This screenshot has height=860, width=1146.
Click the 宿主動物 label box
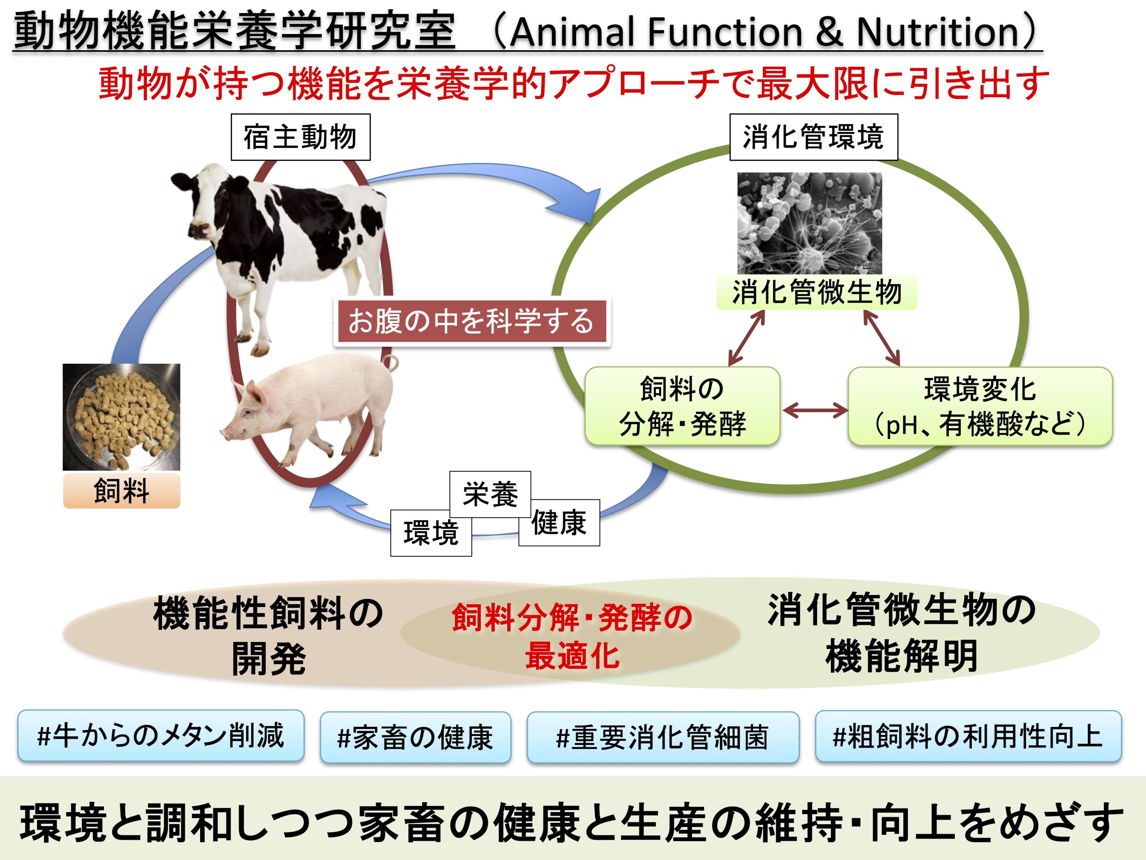tap(300, 138)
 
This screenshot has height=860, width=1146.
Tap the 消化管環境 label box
tap(813, 138)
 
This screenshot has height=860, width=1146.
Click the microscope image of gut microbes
tap(809, 223)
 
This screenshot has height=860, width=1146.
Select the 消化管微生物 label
tap(817, 293)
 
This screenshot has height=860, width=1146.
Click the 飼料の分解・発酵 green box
tap(682, 406)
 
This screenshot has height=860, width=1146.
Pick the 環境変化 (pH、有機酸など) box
tap(979, 406)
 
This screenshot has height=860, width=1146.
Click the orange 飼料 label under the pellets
tap(121, 490)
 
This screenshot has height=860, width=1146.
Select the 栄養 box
tap(490, 494)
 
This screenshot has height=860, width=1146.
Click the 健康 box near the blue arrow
tap(560, 523)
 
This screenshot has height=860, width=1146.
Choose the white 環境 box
tap(431, 533)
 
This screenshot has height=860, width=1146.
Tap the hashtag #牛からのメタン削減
tap(161, 735)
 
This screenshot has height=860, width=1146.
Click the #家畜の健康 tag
tap(415, 737)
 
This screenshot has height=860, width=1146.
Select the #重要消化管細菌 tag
tap(663, 737)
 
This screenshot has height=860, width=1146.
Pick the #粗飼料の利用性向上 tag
tap(968, 736)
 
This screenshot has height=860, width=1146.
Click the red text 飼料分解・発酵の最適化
tap(572, 636)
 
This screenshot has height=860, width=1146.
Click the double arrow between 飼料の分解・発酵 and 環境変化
tap(814, 411)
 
